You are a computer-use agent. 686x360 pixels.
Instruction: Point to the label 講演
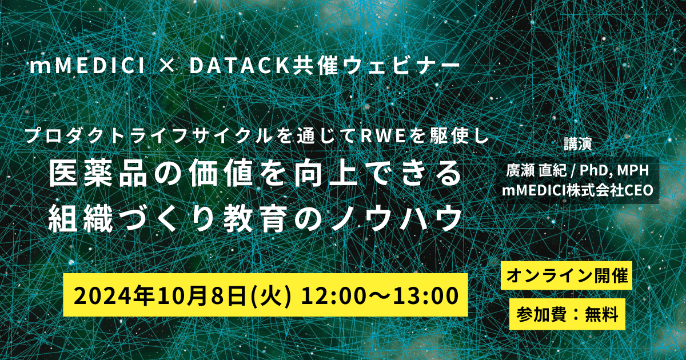(x=580, y=143)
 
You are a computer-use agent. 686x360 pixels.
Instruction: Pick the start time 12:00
(x=328, y=296)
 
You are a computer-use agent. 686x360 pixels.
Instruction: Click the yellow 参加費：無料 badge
(x=565, y=314)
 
